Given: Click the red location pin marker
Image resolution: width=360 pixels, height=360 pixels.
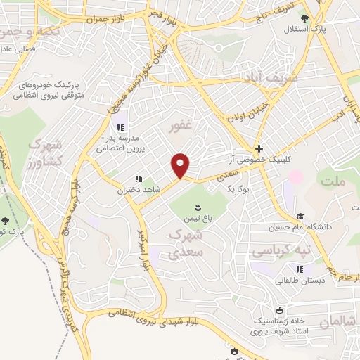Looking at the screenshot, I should pos(181,166).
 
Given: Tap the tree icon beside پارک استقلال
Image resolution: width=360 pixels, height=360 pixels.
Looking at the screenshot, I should pos(304,20).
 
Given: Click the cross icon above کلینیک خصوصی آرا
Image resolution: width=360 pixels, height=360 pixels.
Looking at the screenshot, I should pos(259,149).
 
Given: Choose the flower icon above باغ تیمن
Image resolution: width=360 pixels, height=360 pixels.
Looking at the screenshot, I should pos(198,207).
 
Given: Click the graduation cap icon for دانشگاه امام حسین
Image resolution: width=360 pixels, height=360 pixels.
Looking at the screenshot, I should pos(300,216).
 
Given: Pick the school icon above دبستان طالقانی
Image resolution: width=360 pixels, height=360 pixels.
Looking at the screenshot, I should pos(300,269).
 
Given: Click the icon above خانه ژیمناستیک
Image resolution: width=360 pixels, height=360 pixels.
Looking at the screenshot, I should pos(280,310).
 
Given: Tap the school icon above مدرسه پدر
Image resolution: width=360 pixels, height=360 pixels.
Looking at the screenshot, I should pos(120,127).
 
